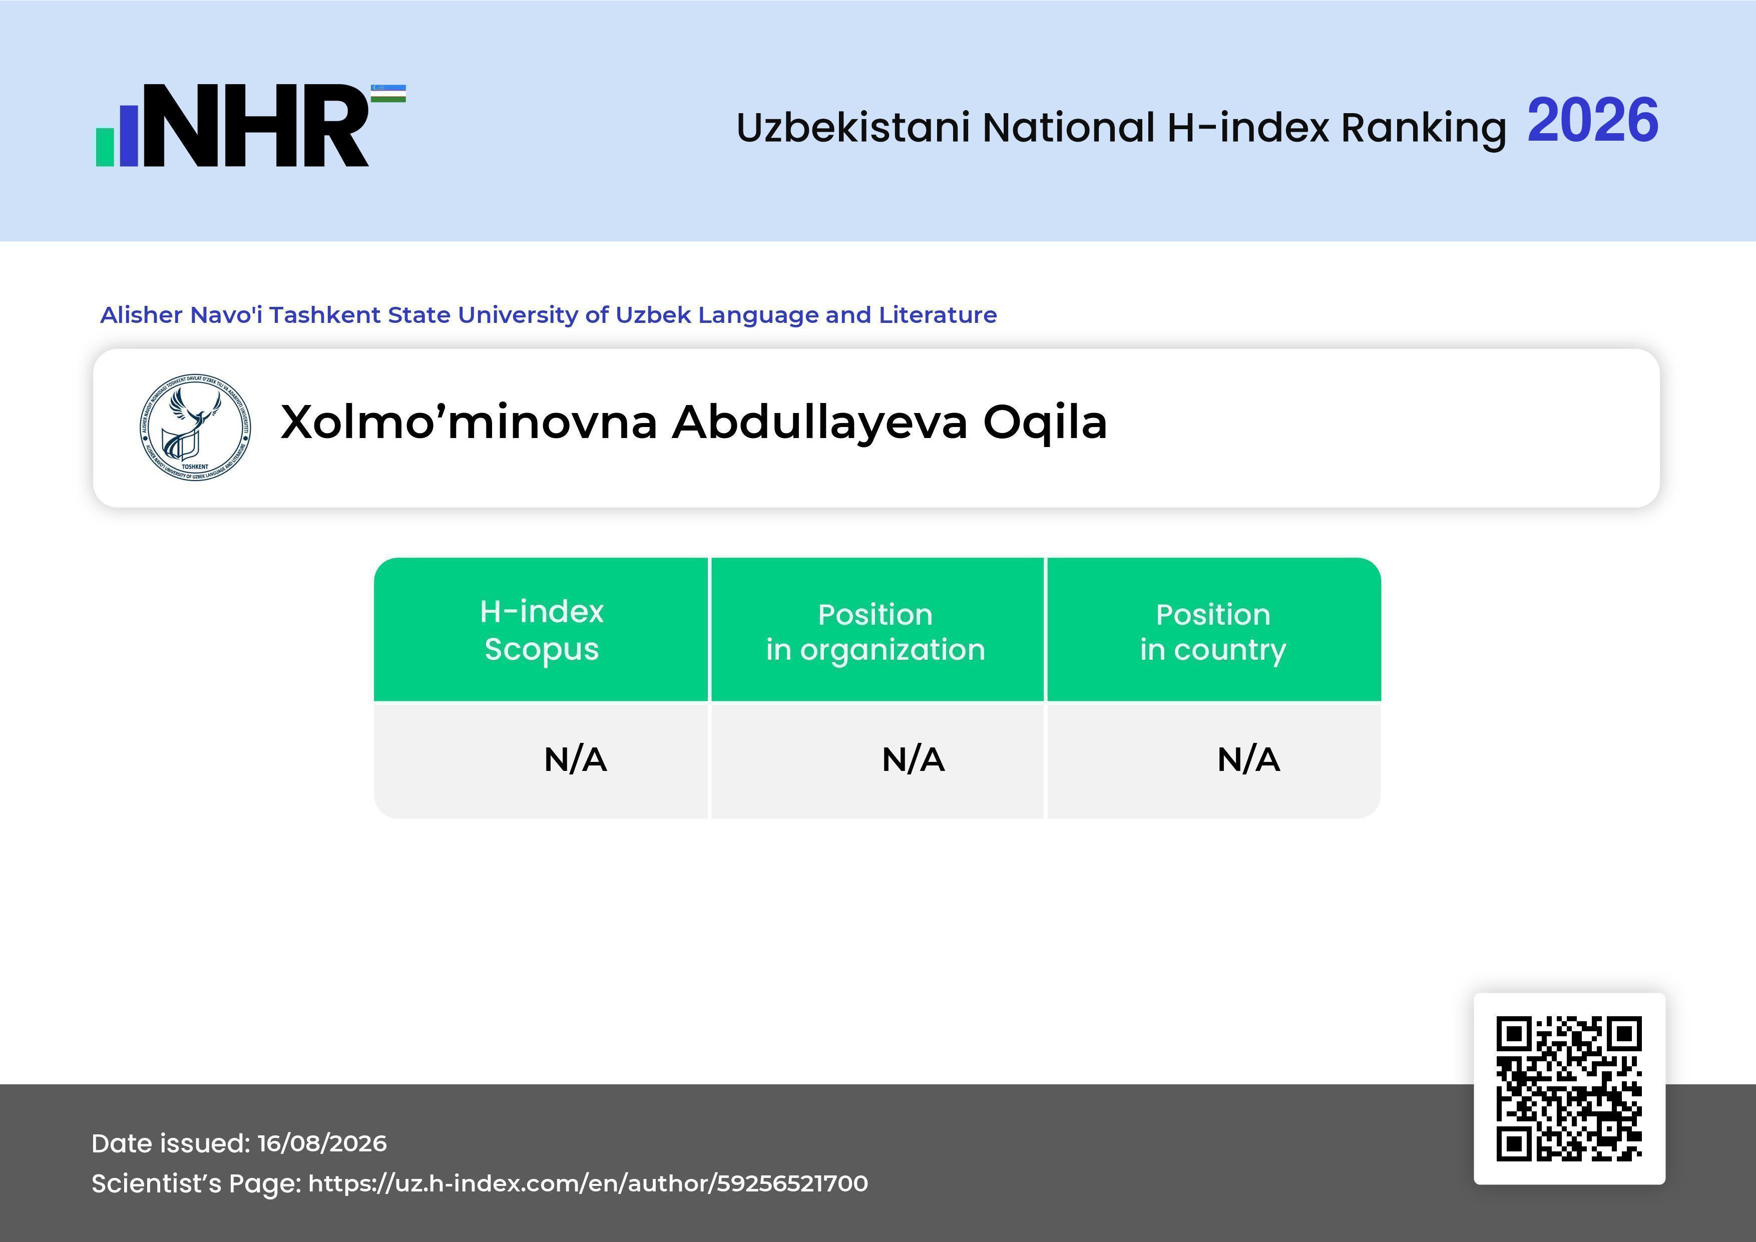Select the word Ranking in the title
point(1423,128)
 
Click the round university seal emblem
point(195,428)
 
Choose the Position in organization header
point(875,632)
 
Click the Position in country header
point(1213,632)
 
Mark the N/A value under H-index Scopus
point(575,759)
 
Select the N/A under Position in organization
point(913,759)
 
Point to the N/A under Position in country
point(1248,759)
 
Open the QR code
point(1569,1088)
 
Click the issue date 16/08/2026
point(322,1143)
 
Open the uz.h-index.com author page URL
point(588,1183)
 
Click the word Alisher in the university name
point(142,315)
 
